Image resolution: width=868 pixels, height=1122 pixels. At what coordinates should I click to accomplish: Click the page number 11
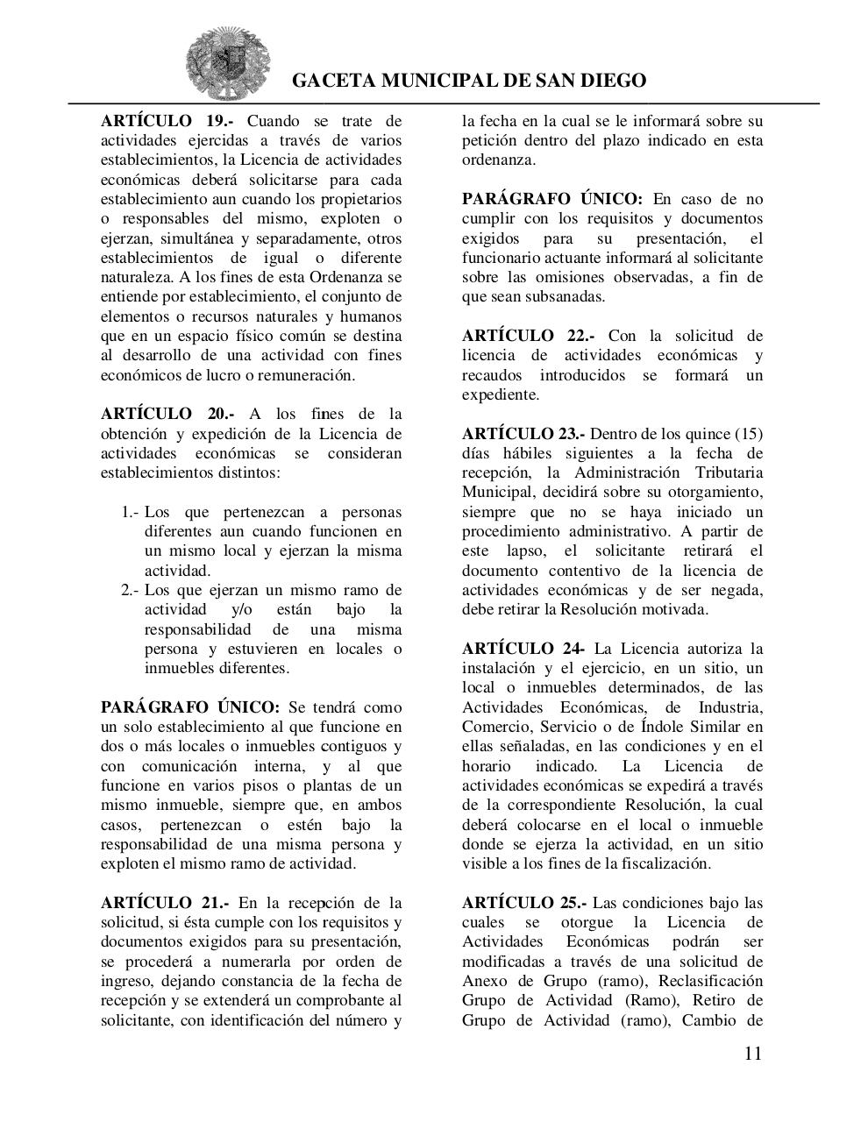tap(752, 1054)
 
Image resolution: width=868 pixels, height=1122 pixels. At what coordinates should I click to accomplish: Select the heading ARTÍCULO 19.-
tap(167, 121)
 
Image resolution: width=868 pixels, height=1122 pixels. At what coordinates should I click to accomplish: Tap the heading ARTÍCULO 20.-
tap(167, 414)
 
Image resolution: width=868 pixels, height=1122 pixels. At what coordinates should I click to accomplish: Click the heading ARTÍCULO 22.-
tap(528, 336)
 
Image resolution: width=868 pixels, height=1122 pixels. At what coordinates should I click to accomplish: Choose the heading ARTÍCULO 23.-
tap(523, 434)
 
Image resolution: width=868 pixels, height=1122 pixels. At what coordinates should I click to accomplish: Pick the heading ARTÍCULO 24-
tap(523, 649)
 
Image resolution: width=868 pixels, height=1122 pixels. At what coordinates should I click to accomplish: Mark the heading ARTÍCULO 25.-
tap(523, 903)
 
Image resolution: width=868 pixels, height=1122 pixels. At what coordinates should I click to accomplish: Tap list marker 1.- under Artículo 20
tap(131, 512)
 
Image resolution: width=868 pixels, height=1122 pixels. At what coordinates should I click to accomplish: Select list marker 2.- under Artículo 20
tap(131, 590)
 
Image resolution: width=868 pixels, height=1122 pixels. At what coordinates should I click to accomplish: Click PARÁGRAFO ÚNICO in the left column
tap(189, 707)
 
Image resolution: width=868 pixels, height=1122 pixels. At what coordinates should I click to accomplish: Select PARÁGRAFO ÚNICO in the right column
tap(552, 199)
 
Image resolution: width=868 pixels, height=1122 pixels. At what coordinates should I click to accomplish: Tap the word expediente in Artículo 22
tap(500, 394)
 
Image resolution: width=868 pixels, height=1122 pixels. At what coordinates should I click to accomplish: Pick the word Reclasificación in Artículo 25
tap(710, 981)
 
